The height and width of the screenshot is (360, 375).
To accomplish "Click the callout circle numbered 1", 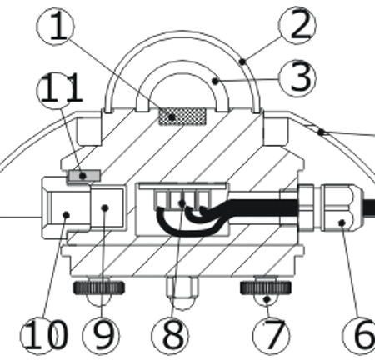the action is [56, 27].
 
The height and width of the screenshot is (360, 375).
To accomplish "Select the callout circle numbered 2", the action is [297, 25].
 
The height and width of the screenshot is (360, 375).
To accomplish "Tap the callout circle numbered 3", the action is [297, 78].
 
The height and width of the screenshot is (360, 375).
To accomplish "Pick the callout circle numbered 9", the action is [102, 336].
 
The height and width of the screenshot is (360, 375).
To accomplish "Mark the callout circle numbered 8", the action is [170, 336].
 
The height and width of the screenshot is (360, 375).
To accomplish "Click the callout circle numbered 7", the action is [272, 336].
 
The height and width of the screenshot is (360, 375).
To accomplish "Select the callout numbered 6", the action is [360, 336].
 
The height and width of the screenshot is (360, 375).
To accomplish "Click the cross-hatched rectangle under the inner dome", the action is [182, 117].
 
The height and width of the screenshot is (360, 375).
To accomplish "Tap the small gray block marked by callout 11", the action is [84, 176].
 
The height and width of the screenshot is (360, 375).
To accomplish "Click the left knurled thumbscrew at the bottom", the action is [99, 287].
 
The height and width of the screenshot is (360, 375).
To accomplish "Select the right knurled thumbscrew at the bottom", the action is [266, 287].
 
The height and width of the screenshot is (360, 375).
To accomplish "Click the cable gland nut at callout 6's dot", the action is [342, 208].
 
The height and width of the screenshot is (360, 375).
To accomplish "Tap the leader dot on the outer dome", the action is [242, 61].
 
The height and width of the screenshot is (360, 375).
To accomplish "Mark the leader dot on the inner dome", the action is [215, 81].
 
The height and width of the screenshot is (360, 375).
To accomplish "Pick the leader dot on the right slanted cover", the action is [321, 132].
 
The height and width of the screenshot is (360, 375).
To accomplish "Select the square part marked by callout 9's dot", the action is [107, 207].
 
